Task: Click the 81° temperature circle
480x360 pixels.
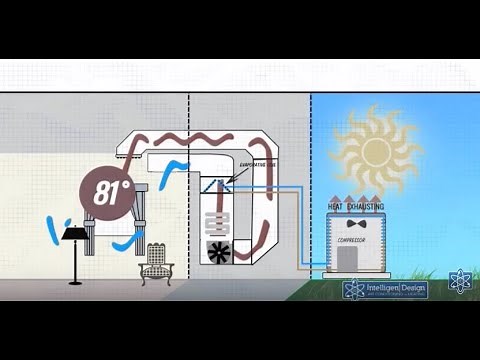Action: pyautogui.click(x=108, y=194)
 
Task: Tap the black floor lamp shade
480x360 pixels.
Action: pyautogui.click(x=72, y=234)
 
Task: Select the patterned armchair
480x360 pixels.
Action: pyautogui.click(x=158, y=261)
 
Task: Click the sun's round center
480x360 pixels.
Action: pyautogui.click(x=375, y=152)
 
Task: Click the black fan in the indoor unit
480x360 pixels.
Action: pyautogui.click(x=218, y=251)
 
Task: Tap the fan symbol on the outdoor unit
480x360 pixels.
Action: pyautogui.click(x=353, y=226)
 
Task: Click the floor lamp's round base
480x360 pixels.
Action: pyautogui.click(x=74, y=282)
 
